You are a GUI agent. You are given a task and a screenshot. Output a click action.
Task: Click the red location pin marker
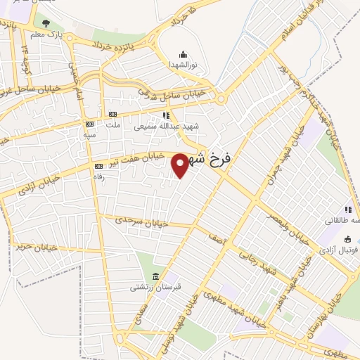pyautogui.click(x=181, y=165)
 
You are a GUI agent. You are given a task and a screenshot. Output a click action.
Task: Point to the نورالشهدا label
pyautogui.click(x=183, y=64)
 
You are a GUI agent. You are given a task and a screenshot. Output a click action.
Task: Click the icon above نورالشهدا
pyautogui.click(x=183, y=54)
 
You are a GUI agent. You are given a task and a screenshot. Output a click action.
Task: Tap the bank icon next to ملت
pyautogui.click(x=112, y=115)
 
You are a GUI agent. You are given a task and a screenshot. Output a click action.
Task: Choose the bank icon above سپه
pyautogui.click(x=89, y=124)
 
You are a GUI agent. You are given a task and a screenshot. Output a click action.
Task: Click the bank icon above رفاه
pyautogui.click(x=98, y=166)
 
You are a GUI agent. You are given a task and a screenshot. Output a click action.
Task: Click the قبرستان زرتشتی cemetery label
pyautogui.click(x=148, y=286)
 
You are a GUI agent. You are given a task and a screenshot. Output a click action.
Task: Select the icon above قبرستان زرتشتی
pyautogui.click(x=155, y=275)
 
